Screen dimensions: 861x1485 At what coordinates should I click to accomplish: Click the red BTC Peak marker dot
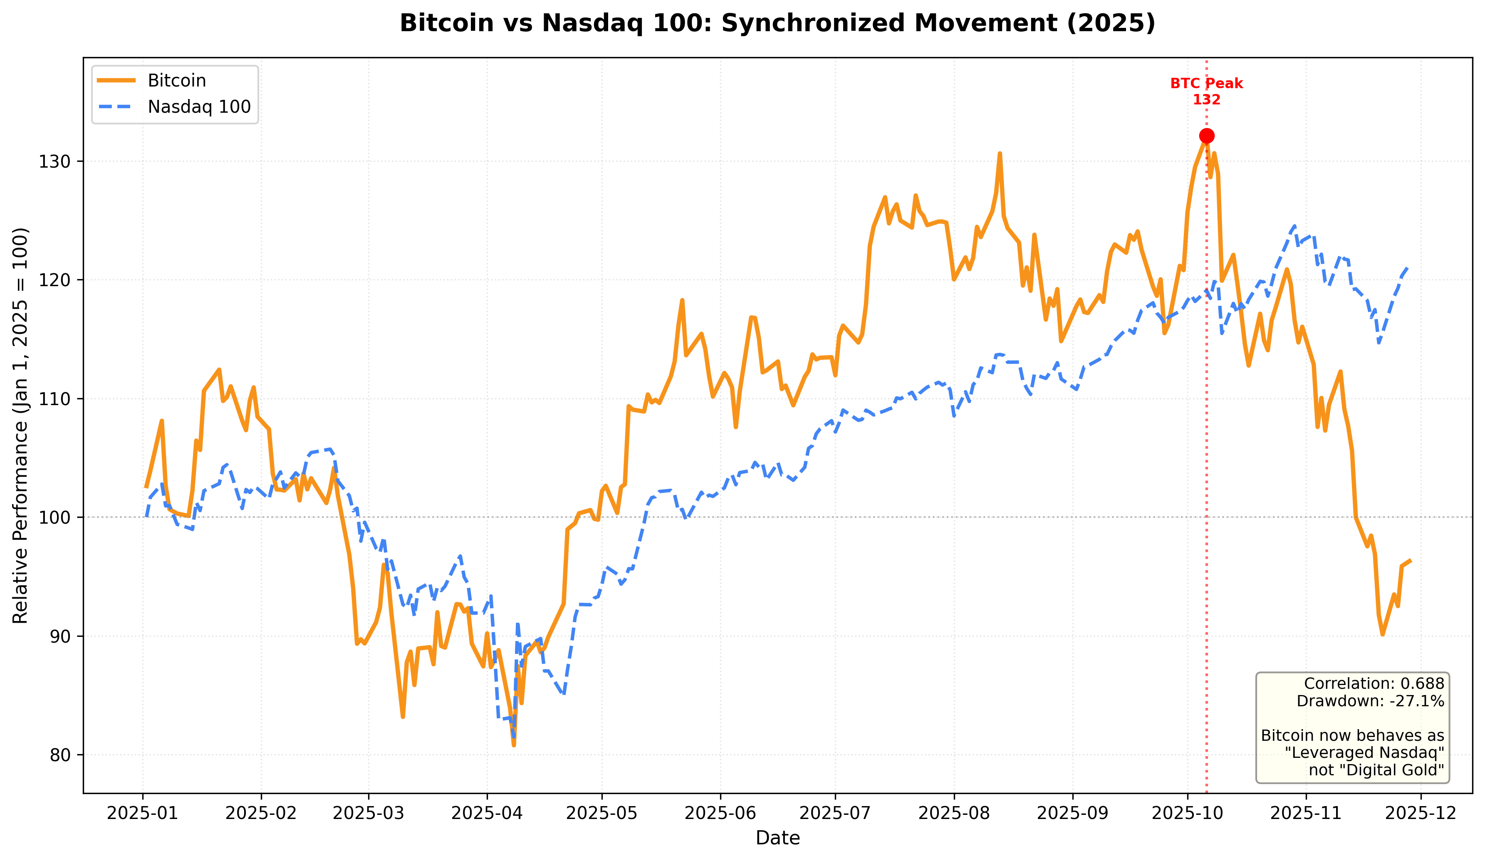[x=1206, y=136]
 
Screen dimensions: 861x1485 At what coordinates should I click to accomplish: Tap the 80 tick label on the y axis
[x=59, y=755]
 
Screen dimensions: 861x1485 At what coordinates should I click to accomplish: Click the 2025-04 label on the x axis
[x=487, y=813]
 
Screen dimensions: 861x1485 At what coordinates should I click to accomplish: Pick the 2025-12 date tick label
[x=1421, y=813]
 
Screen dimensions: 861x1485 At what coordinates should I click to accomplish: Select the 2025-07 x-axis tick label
[x=835, y=813]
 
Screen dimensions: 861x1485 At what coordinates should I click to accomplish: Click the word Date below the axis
[x=777, y=838]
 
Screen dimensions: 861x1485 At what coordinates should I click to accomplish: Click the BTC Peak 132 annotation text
[x=1206, y=92]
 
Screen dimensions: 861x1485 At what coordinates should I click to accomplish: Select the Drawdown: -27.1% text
[x=1370, y=701]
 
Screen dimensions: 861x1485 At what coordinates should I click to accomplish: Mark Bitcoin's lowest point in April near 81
[x=514, y=745]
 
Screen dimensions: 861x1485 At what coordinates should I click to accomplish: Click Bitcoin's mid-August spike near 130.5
[x=1000, y=154]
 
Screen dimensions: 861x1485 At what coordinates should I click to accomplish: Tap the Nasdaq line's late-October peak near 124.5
[x=1294, y=226]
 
